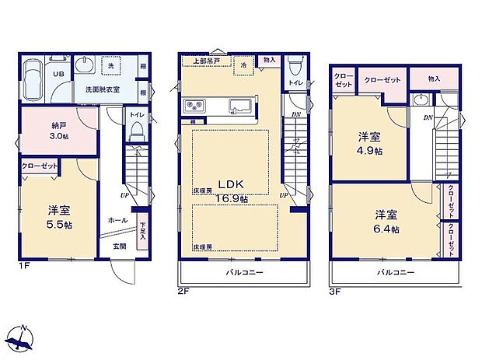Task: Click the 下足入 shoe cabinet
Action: click(x=143, y=232)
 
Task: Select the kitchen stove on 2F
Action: click(x=194, y=106)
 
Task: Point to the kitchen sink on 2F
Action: click(x=236, y=106)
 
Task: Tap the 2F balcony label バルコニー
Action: click(x=245, y=273)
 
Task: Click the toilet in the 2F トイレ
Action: click(x=294, y=65)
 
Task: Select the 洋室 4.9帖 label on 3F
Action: click(x=369, y=143)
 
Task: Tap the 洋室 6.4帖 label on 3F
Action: click(x=386, y=220)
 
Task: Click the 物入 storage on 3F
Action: click(x=433, y=78)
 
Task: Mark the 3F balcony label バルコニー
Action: click(x=396, y=273)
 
